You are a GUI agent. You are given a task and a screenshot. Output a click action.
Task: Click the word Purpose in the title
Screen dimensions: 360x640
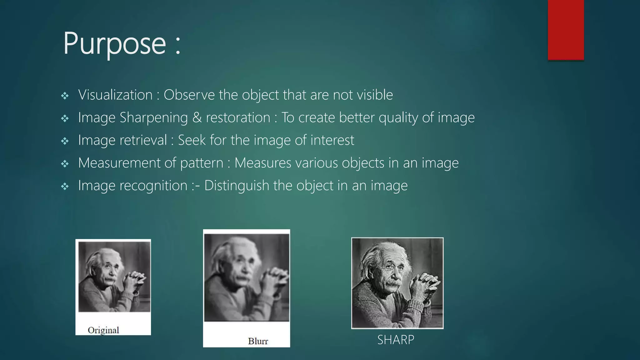click(x=114, y=44)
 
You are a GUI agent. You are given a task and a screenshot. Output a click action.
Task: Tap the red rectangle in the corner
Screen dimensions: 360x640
click(x=566, y=30)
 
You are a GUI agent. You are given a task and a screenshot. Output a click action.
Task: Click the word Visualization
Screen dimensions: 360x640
click(x=115, y=95)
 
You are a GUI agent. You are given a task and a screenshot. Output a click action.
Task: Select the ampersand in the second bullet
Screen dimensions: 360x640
click(x=197, y=118)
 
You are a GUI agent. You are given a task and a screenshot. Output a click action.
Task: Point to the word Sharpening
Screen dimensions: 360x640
click(x=154, y=118)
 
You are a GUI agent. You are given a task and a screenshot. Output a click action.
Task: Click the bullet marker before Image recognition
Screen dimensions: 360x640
click(x=65, y=187)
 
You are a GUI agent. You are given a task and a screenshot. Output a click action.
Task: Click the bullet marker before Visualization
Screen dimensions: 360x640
click(x=65, y=96)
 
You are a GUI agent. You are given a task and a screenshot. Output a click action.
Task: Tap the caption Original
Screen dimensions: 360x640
click(x=103, y=330)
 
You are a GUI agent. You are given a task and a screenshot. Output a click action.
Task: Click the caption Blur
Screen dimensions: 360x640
click(x=258, y=341)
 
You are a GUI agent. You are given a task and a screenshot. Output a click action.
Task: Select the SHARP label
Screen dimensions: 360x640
click(x=396, y=340)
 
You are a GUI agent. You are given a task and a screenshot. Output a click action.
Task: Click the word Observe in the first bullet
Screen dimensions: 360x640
click(x=189, y=95)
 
